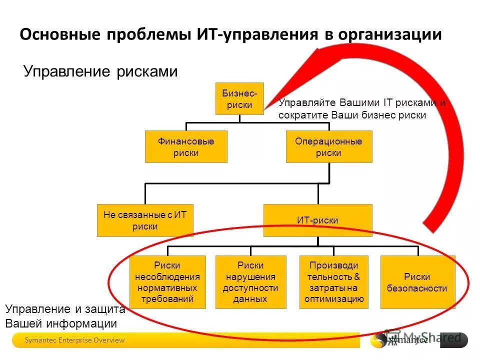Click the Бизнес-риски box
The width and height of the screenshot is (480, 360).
[x=239, y=98]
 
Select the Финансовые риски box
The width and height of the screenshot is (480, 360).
[x=186, y=147]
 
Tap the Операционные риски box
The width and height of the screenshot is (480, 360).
[x=328, y=147]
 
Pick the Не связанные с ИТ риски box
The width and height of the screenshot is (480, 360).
[x=145, y=220]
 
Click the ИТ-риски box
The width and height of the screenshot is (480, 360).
[x=318, y=220]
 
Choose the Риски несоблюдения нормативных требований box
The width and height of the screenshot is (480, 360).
[x=167, y=282]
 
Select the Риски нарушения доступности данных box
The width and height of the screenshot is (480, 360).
[x=250, y=282]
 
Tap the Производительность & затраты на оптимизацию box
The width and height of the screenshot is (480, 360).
[x=333, y=282]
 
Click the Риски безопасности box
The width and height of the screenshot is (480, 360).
[x=417, y=282]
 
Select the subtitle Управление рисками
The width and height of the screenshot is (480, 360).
[x=100, y=71]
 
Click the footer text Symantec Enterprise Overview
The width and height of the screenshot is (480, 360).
[x=75, y=340]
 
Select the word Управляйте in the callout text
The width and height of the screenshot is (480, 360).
[x=307, y=103]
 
